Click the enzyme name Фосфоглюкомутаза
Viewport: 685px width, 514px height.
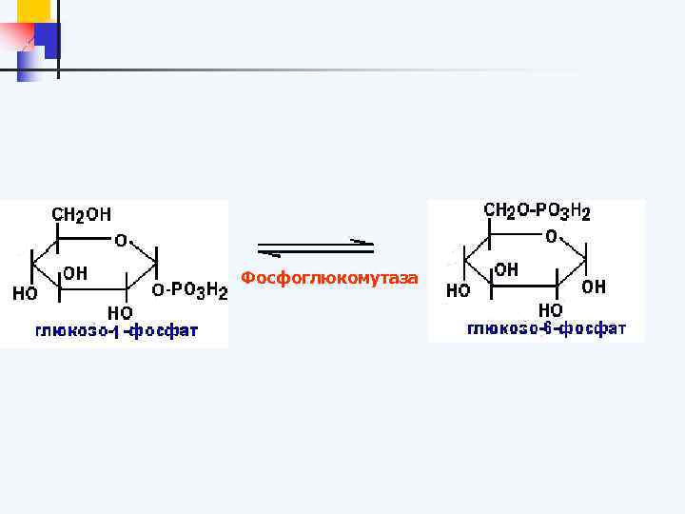click(x=328, y=278)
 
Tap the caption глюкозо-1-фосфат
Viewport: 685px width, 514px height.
click(x=117, y=332)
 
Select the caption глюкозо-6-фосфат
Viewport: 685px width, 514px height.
click(x=546, y=329)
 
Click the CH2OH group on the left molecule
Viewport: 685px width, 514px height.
click(x=81, y=215)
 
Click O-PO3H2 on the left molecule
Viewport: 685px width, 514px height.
click(x=191, y=289)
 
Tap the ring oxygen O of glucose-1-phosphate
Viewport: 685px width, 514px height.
click(x=122, y=240)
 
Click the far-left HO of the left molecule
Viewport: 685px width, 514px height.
click(x=26, y=294)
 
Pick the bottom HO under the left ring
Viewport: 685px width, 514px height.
click(x=120, y=312)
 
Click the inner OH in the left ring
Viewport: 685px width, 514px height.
click(x=75, y=273)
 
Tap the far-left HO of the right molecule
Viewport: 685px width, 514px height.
click(x=459, y=291)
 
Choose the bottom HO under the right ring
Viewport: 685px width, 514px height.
click(x=550, y=310)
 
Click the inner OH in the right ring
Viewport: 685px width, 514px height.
click(x=506, y=269)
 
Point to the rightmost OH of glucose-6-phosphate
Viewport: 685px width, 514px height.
click(x=593, y=287)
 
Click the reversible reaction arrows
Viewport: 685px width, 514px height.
click(x=316, y=247)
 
